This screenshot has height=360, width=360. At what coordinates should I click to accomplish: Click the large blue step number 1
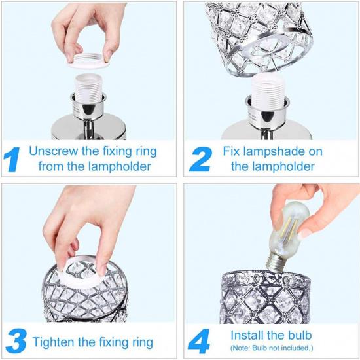pyautogui.click(x=12, y=159)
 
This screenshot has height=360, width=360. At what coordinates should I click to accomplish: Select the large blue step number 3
pyautogui.click(x=16, y=341)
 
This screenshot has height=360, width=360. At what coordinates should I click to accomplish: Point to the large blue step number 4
pyautogui.click(x=199, y=341)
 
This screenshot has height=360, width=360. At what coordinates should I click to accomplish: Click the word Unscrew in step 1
pyautogui.click(x=54, y=151)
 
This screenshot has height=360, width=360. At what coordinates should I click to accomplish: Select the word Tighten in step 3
pyautogui.click(x=54, y=342)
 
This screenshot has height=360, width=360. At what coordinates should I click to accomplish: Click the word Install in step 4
pyautogui.click(x=246, y=335)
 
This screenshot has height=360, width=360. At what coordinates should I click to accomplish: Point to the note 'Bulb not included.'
pyautogui.click(x=282, y=348)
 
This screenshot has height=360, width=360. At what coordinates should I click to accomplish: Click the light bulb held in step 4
pyautogui.click(x=287, y=236)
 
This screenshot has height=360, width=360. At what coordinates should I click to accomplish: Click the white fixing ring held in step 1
pyautogui.click(x=88, y=61)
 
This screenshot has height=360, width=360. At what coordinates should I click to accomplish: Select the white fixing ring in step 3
pyautogui.click(x=83, y=273)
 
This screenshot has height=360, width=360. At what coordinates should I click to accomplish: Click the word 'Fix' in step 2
pyautogui.click(x=232, y=151)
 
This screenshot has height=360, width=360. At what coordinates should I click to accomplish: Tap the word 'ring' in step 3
pyautogui.click(x=143, y=342)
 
